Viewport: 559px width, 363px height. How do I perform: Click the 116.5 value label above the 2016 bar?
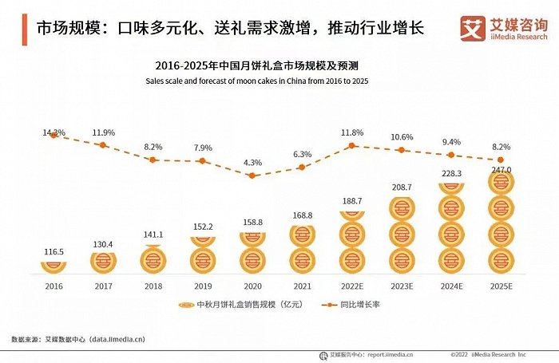pos(53,252)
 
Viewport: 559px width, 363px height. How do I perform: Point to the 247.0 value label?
pos(501,171)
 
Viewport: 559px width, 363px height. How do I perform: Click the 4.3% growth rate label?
pos(252,163)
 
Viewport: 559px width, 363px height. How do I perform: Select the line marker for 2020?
pos(252,176)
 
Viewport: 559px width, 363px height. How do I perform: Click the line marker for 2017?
pos(102,145)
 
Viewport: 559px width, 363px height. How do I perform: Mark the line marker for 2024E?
pos(451,155)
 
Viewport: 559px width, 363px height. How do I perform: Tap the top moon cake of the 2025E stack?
pos(501,183)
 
